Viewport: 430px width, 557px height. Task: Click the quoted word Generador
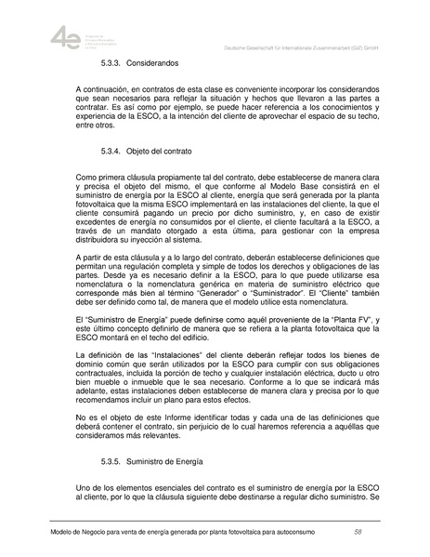tap(227, 302)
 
